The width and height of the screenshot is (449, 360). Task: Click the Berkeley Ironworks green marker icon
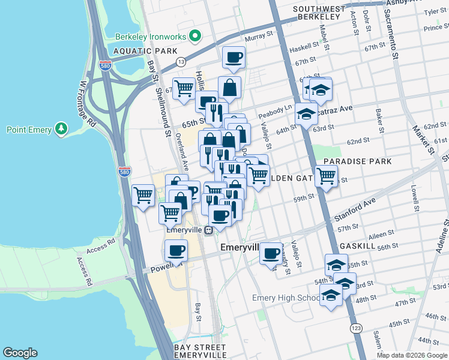click(194, 37)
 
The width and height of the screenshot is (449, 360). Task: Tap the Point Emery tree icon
click(61, 129)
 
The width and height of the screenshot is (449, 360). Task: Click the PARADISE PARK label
click(357, 161)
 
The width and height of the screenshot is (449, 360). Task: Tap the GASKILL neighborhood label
click(357, 246)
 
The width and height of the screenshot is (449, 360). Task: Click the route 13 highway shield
click(180, 62)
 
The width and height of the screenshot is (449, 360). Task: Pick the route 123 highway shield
click(355, 328)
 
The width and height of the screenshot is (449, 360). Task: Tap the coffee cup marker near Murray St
click(233, 58)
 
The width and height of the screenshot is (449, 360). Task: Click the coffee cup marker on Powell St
click(176, 250)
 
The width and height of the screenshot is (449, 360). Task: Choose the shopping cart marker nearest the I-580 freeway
click(143, 195)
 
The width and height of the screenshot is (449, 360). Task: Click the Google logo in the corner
click(20, 353)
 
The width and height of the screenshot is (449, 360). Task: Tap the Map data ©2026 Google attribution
click(411, 355)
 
